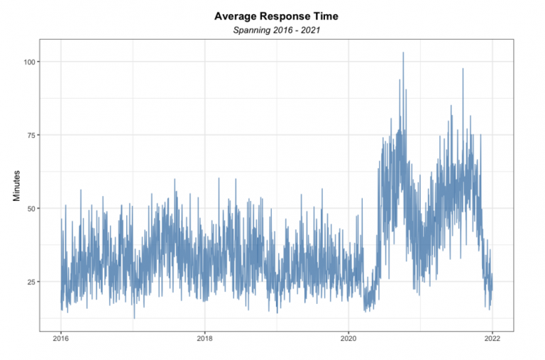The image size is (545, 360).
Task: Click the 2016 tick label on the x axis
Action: tap(61, 338)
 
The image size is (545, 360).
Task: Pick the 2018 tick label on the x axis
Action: tap(204, 338)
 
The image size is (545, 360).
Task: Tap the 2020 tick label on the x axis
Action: tap(348, 338)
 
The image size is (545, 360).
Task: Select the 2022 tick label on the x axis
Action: tap(492, 338)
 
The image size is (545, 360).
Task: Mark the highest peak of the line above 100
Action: tap(403, 53)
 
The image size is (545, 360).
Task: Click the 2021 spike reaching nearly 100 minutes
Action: tap(463, 70)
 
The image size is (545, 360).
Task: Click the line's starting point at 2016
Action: tap(61, 284)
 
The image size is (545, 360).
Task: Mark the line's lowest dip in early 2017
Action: tap(134, 318)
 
